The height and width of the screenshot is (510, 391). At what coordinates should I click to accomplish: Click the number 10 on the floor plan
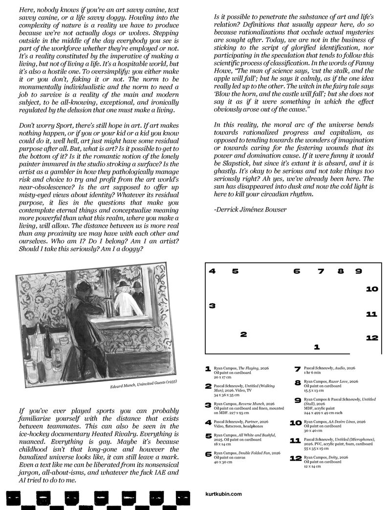pos(372,289)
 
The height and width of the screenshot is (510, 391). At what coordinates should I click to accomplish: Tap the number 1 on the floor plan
pos(317,347)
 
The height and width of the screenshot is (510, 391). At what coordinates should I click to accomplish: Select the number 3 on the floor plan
pos(212,306)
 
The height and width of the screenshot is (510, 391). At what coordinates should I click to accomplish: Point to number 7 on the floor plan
pos(321,271)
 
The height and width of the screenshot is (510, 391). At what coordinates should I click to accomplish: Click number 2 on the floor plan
pos(243,335)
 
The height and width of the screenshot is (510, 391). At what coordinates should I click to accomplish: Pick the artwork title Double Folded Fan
pos(255,454)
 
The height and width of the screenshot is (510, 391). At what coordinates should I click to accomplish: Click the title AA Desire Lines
pos(348,421)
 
